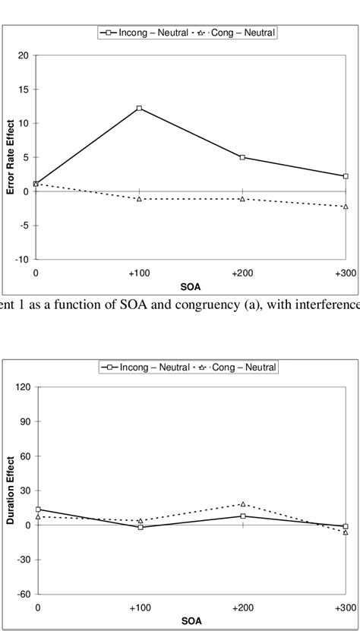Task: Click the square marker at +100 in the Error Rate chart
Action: (x=139, y=109)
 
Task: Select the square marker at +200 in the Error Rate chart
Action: (x=242, y=157)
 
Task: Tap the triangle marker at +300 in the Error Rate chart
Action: (x=346, y=207)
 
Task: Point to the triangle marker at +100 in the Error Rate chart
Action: (x=139, y=199)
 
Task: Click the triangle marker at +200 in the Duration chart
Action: (x=242, y=504)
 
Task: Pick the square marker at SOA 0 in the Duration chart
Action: (x=38, y=510)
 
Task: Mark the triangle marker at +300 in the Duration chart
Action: (x=346, y=532)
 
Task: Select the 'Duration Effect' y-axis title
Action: (x=11, y=490)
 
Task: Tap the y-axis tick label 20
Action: (x=24, y=55)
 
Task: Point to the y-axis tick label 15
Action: (x=24, y=90)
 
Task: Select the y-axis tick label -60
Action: (x=24, y=595)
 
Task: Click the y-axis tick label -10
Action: (x=23, y=260)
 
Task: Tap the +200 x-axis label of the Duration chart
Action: (x=242, y=608)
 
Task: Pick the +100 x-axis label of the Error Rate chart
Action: (x=139, y=272)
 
